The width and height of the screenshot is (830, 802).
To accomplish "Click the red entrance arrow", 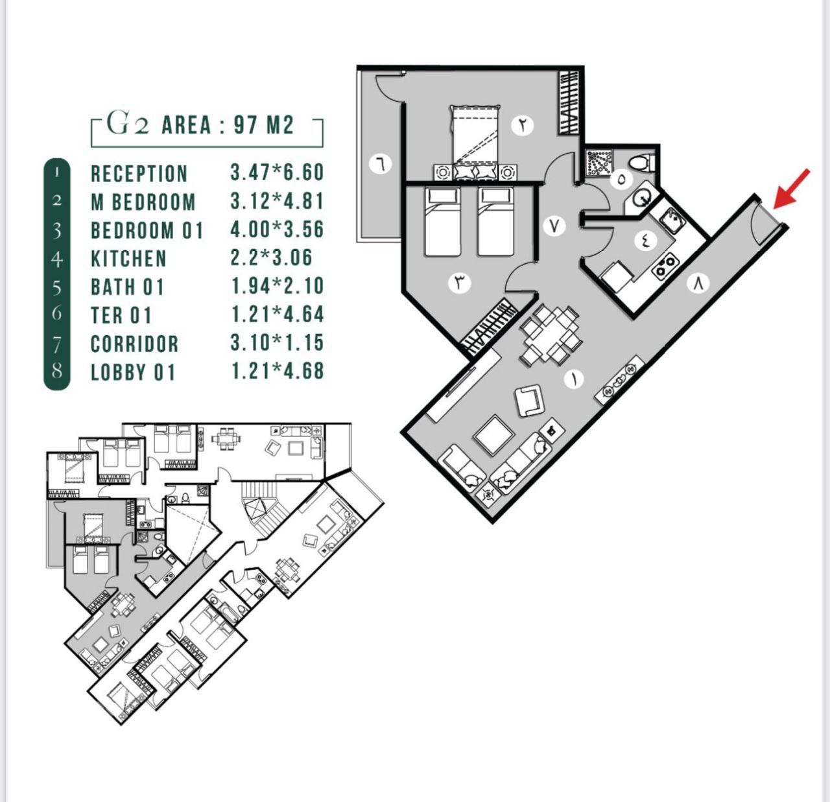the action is pos(791,189).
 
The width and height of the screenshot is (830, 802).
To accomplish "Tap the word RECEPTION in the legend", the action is pos(139,174).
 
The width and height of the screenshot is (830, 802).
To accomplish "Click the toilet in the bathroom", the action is pos(641,163).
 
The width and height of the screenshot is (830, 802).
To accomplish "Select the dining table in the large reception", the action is pos(551,335).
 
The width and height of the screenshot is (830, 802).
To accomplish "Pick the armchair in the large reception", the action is pos(530,400).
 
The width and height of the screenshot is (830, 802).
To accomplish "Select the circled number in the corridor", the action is pos(554,226).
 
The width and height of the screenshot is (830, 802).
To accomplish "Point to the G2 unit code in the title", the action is pos(128,123).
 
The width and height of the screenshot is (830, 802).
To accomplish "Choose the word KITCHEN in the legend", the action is pos(128,259).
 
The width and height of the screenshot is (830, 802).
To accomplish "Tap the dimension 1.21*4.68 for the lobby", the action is pos(278,371).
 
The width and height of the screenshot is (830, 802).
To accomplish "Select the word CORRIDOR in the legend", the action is pos(134,344).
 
